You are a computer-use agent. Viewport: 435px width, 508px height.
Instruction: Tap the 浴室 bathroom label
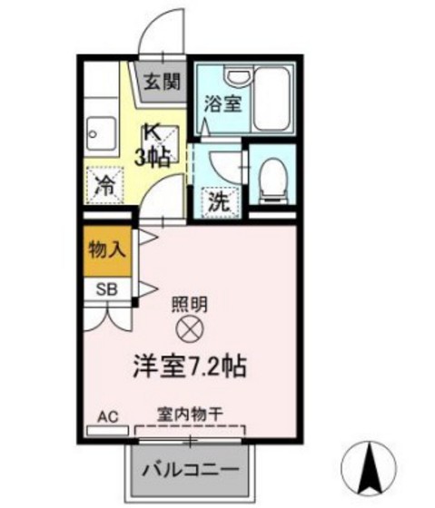coord(223,103)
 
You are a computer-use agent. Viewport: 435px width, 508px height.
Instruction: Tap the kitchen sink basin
coord(96,136)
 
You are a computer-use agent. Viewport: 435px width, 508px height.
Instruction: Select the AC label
coord(108,416)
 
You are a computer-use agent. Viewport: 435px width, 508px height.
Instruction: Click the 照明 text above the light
coord(189,305)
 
